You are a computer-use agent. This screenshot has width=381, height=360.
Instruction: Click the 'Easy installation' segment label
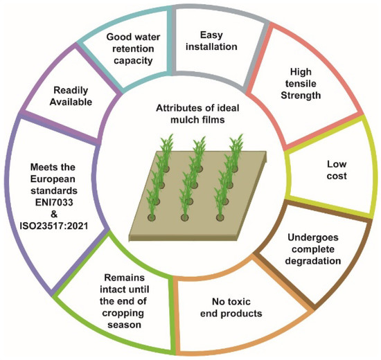pyautogui.click(x=215, y=40)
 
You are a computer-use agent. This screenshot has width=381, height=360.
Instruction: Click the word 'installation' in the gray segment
pyautogui.click(x=215, y=46)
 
